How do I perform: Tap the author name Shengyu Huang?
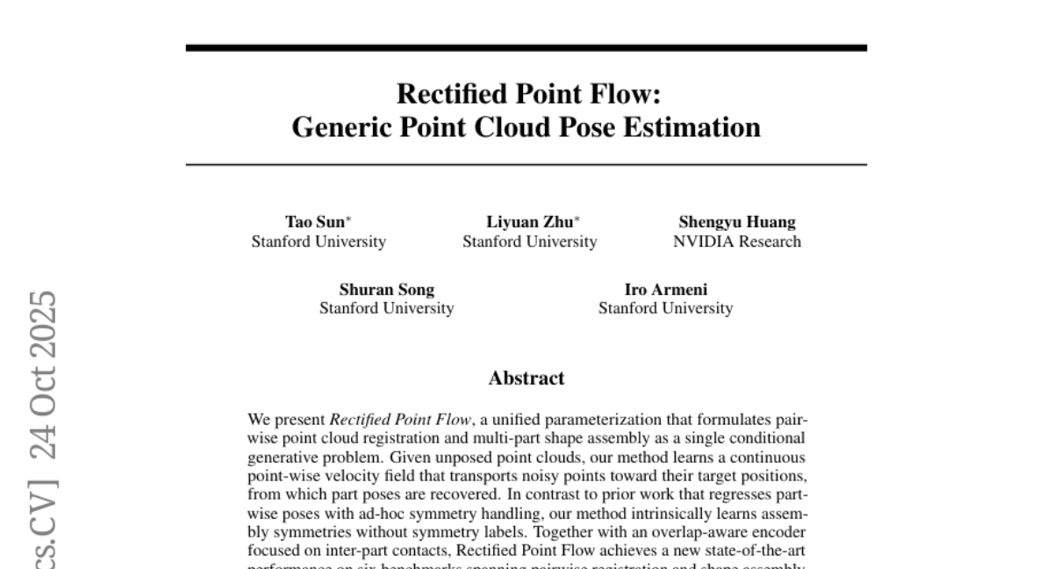click(x=736, y=222)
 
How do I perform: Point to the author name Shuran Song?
click(x=386, y=289)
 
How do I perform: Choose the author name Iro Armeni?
click(x=665, y=289)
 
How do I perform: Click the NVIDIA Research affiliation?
click(x=736, y=241)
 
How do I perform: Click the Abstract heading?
click(x=526, y=378)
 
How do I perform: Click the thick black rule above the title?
click(x=526, y=47)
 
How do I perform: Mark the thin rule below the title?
click(x=526, y=164)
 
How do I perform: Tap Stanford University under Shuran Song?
click(x=386, y=308)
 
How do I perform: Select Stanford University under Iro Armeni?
click(x=665, y=308)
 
